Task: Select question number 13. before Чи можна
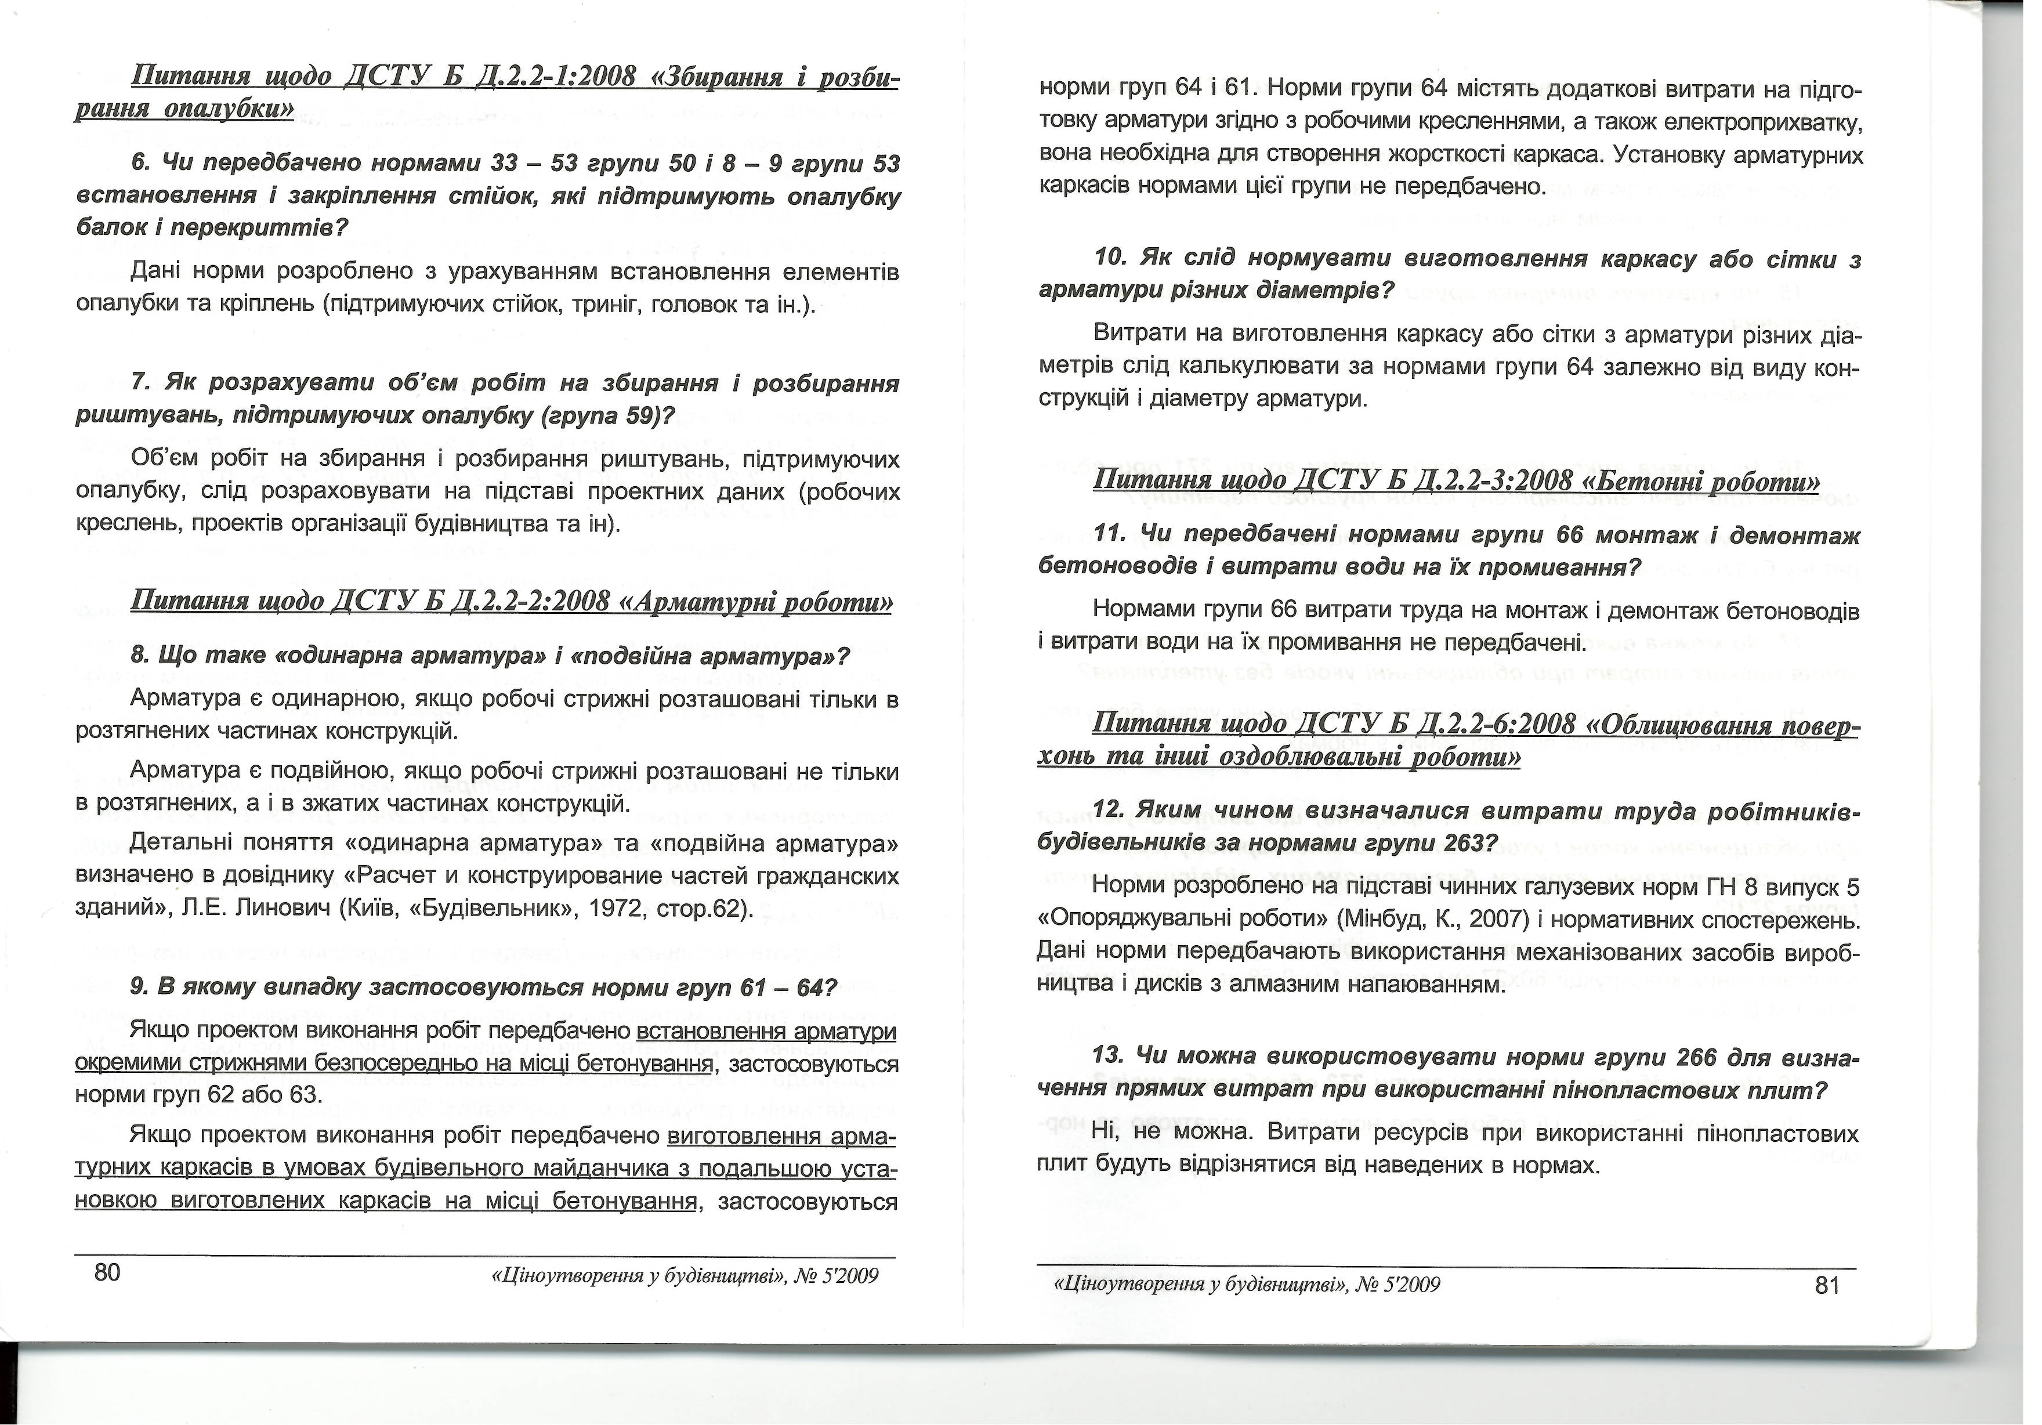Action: click(1111, 1057)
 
